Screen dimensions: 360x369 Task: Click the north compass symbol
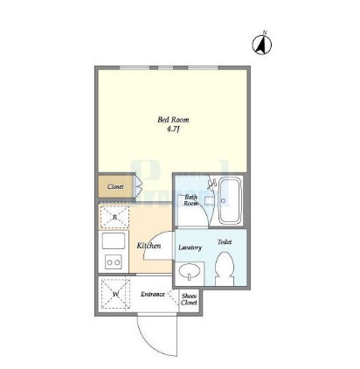[262, 45]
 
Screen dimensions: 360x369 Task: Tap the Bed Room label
[173, 120]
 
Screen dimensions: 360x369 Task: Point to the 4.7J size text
[172, 129]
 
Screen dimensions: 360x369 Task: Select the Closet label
[115, 186]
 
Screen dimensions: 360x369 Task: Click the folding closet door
[138, 186]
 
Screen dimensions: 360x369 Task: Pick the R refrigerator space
[114, 217]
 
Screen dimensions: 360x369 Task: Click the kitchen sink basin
[114, 240]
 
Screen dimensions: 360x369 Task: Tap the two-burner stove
[114, 262]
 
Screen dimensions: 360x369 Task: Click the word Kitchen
[149, 246]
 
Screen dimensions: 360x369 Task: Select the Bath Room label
[190, 200]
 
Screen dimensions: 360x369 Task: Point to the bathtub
[230, 200]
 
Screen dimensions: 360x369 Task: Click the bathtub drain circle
[223, 200]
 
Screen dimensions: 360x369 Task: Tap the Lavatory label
[190, 247]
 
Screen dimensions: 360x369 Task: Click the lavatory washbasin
[189, 272]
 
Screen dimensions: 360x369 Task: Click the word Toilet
[225, 242]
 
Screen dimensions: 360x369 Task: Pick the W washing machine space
[115, 294]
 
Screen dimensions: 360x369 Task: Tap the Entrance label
[153, 295]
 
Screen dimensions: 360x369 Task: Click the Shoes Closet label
[189, 299]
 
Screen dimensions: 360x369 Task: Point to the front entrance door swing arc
[149, 344]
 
